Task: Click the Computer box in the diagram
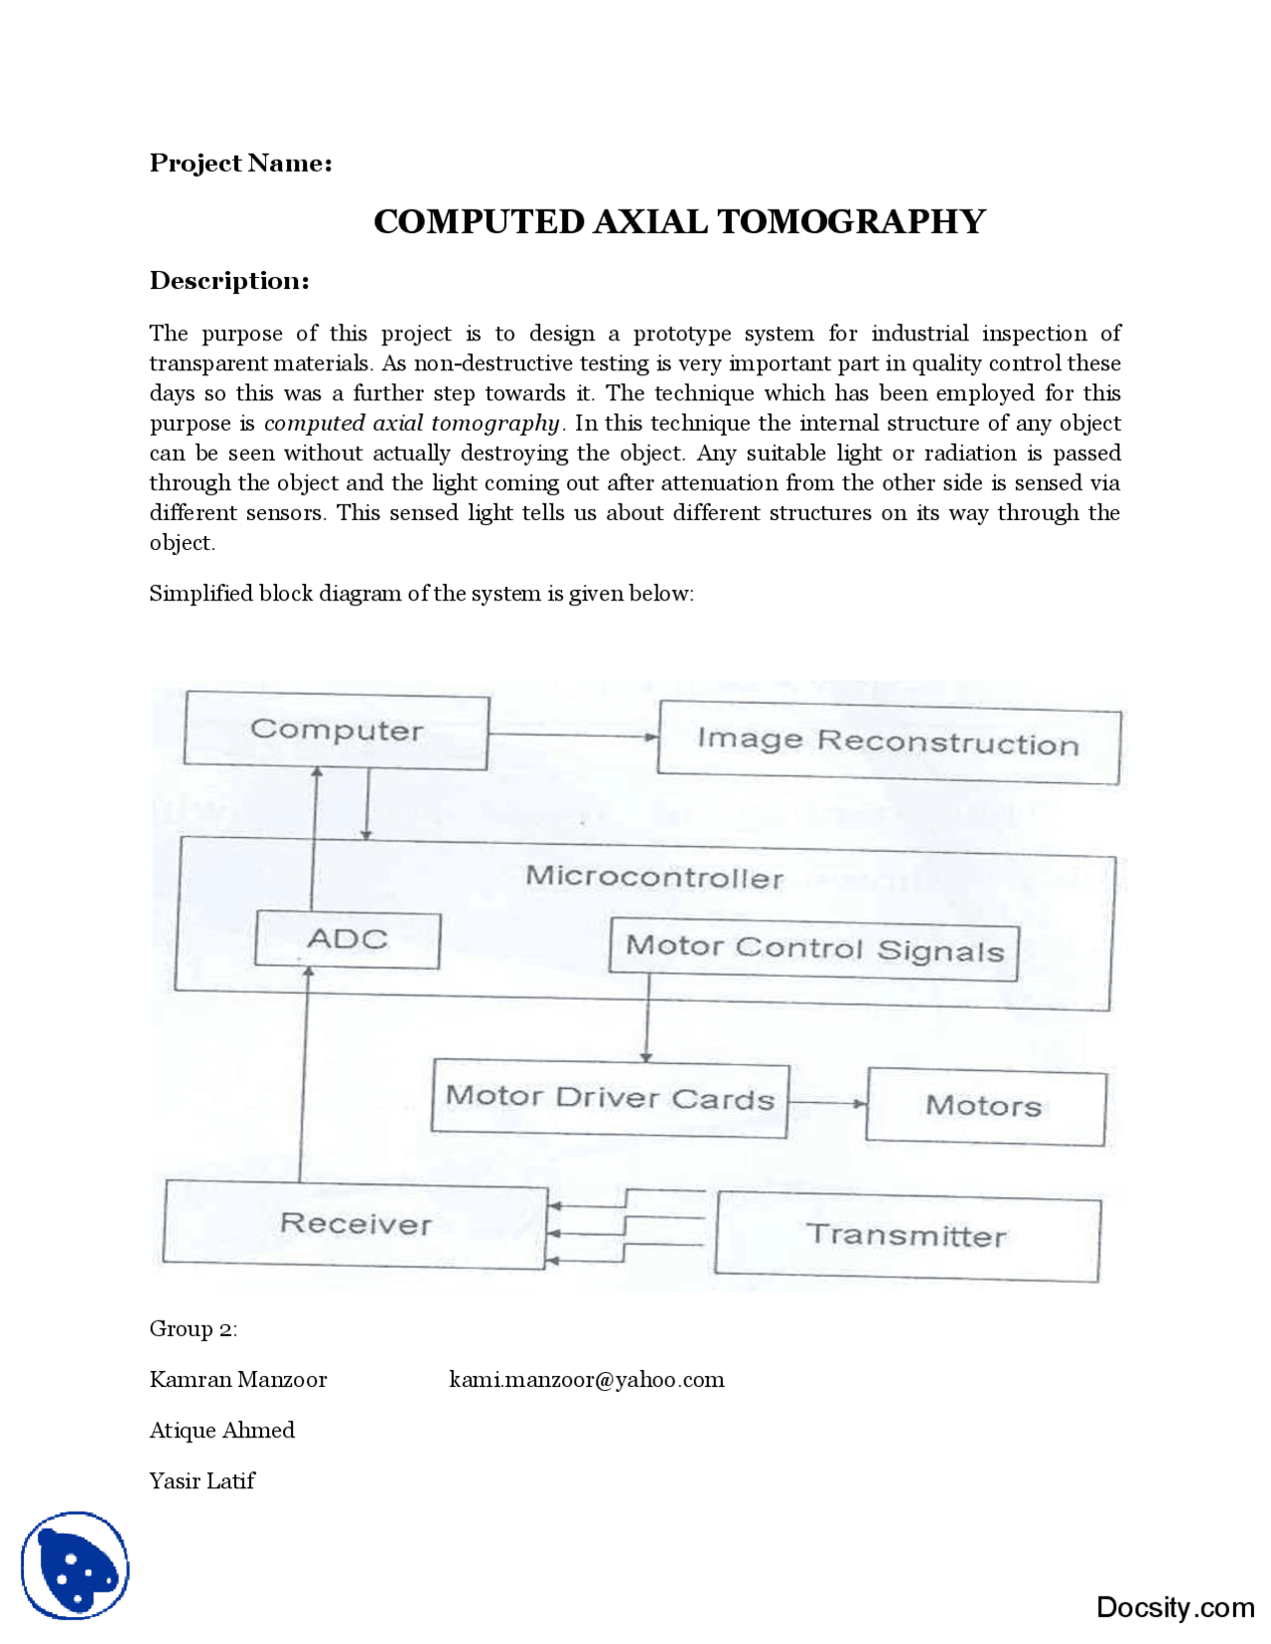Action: coord(337,732)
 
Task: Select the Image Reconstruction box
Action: coord(888,743)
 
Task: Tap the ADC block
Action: coord(347,939)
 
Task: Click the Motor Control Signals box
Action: coord(813,949)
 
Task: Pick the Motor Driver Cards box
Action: coord(610,1100)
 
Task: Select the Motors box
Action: coord(984,1106)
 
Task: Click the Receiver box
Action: coord(354,1223)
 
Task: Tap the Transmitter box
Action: coord(906,1236)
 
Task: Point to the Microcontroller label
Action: coord(653,877)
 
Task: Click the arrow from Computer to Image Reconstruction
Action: coord(573,737)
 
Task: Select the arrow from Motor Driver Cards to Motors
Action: coord(827,1103)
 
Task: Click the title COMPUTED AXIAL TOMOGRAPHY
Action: coord(679,221)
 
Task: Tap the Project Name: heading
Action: coord(240,163)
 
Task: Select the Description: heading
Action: coord(229,281)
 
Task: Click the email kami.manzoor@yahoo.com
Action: coord(586,1379)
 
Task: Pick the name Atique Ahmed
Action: coord(221,1430)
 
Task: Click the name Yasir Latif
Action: coord(202,1480)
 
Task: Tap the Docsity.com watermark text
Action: coord(1175,1606)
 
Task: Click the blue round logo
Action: coord(75,1566)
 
